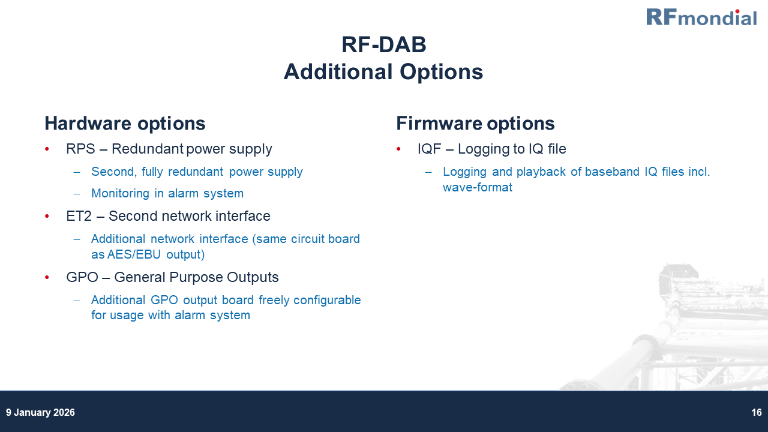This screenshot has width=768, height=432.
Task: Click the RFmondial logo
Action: [x=701, y=17]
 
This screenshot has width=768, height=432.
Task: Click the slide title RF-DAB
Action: [x=383, y=45]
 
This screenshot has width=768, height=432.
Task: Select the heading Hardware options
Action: [x=125, y=124]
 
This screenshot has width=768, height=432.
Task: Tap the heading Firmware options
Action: [x=475, y=124]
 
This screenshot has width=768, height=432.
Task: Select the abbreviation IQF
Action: [x=429, y=149]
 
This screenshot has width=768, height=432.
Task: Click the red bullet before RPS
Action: [x=47, y=149]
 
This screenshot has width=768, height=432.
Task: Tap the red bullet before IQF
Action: [x=399, y=149]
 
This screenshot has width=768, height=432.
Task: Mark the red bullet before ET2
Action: [x=47, y=217]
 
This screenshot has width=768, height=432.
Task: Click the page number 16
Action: [x=756, y=413]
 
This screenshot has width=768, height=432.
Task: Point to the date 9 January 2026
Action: [x=40, y=413]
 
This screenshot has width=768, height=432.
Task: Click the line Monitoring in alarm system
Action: [x=167, y=193]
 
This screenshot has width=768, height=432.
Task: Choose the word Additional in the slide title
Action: [x=335, y=72]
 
